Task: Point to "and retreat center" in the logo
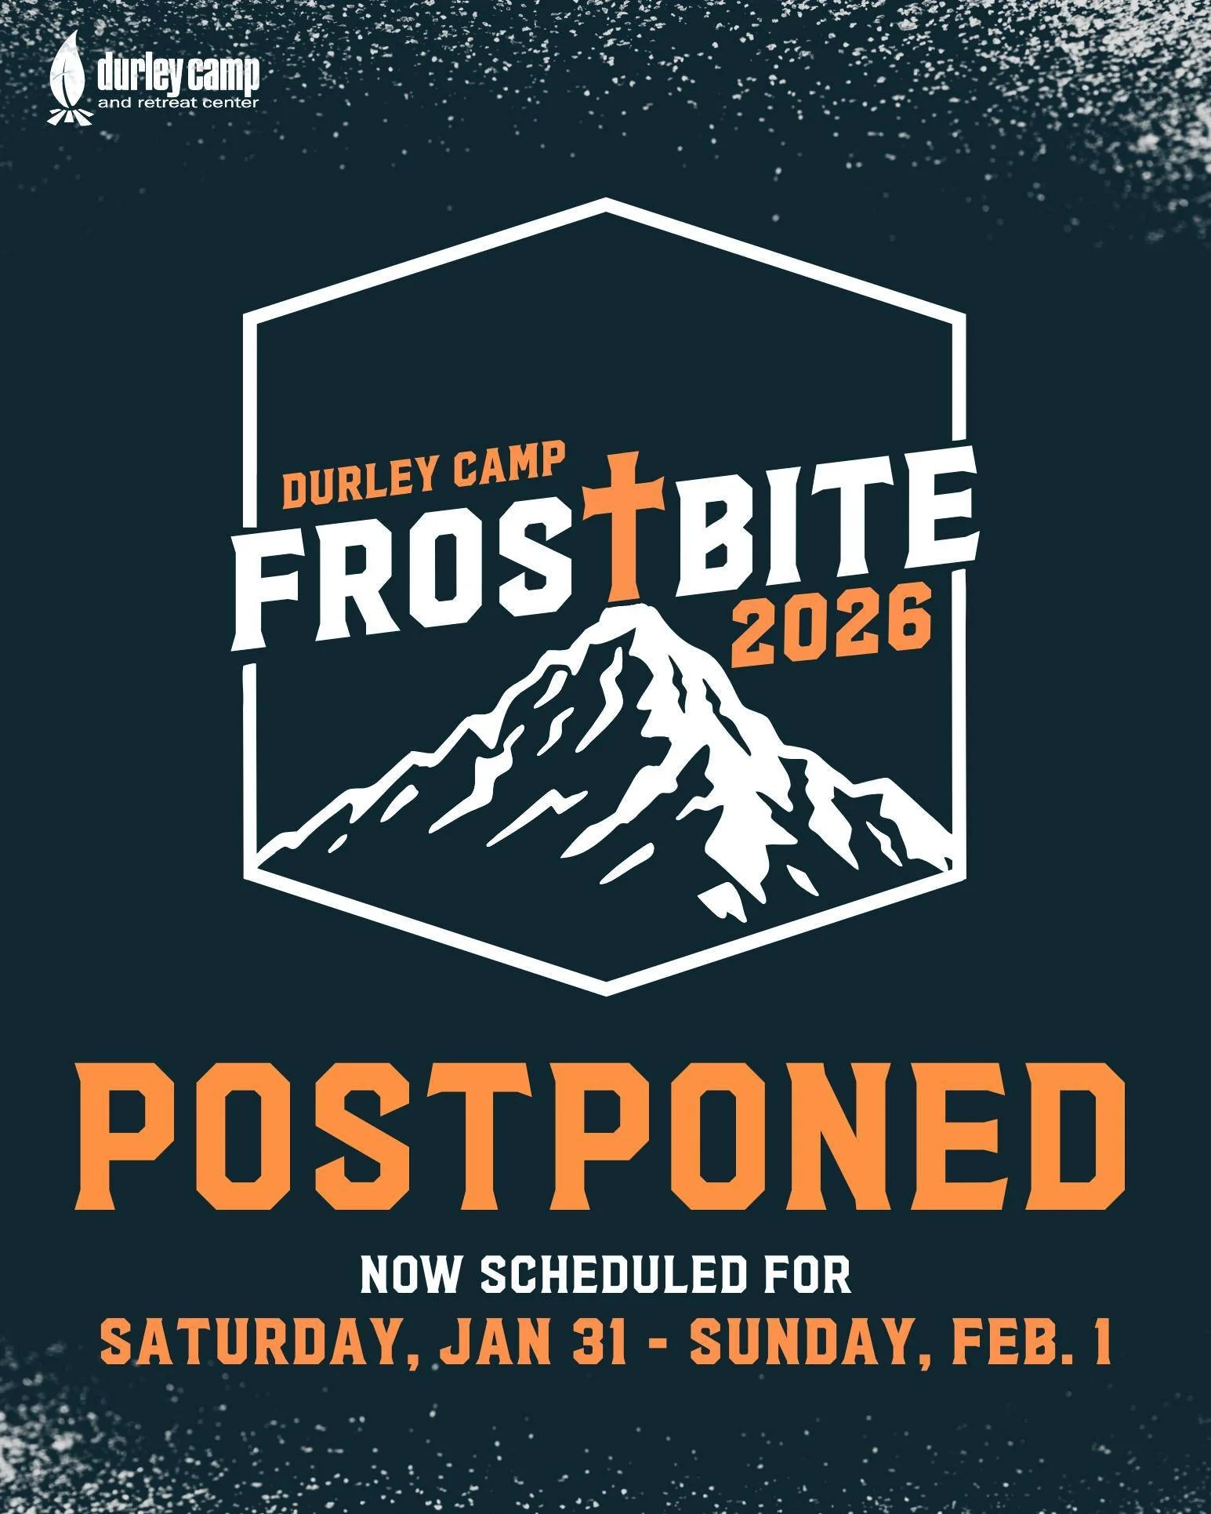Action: tap(177, 103)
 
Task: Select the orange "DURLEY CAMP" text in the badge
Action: tap(423, 476)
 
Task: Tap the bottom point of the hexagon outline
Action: tap(606, 991)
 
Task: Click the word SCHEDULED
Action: tap(611, 1275)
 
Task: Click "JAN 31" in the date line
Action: tap(532, 1342)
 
